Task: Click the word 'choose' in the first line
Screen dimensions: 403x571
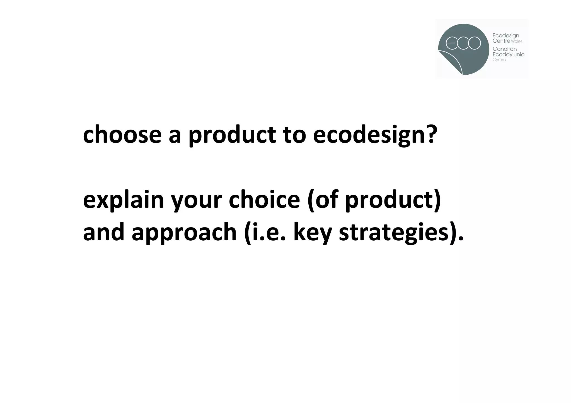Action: tap(122, 135)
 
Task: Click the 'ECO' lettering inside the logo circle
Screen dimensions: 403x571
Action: tap(463, 43)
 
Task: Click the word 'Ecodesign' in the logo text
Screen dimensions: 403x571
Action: tap(506, 36)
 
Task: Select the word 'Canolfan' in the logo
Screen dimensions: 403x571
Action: tap(505, 49)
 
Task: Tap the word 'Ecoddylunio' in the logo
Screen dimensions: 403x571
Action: tap(508, 55)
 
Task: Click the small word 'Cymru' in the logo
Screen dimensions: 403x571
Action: tap(499, 60)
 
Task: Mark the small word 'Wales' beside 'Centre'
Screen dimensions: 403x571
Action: tap(517, 41)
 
